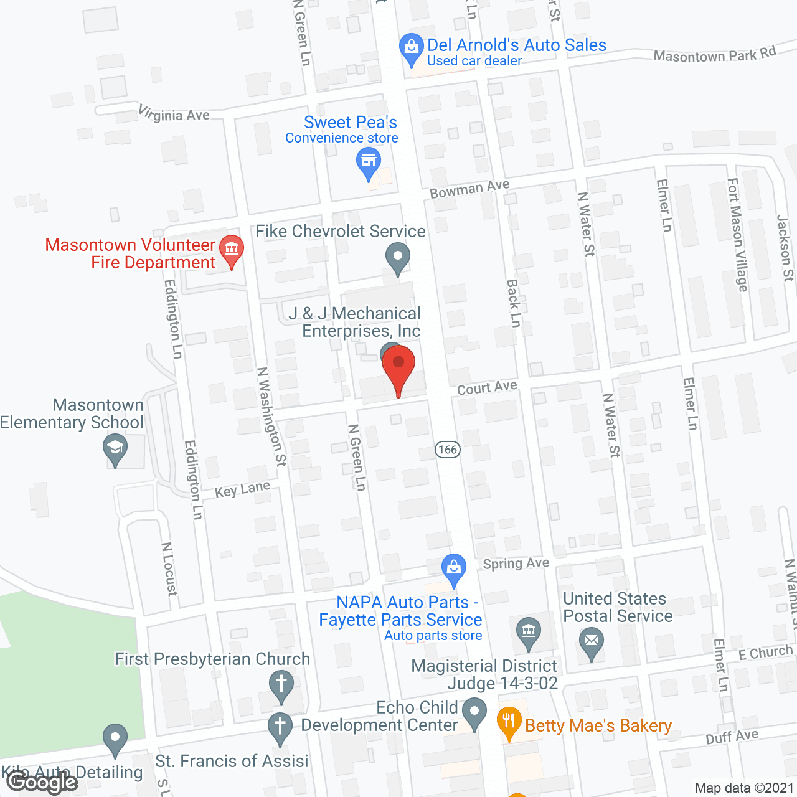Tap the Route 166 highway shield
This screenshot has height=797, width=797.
click(448, 450)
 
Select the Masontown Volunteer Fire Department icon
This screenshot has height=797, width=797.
click(232, 250)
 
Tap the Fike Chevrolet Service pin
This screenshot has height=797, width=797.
click(397, 258)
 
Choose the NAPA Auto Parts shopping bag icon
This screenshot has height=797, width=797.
click(454, 568)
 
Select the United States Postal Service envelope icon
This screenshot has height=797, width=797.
click(592, 641)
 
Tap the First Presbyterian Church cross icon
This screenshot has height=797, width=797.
click(281, 684)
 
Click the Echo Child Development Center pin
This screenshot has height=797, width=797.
click(474, 712)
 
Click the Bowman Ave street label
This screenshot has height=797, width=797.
click(469, 189)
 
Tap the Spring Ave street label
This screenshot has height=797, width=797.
click(516, 564)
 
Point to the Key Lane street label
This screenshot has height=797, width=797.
click(242, 489)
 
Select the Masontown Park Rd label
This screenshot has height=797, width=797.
click(714, 55)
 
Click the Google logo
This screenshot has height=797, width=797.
click(40, 781)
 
